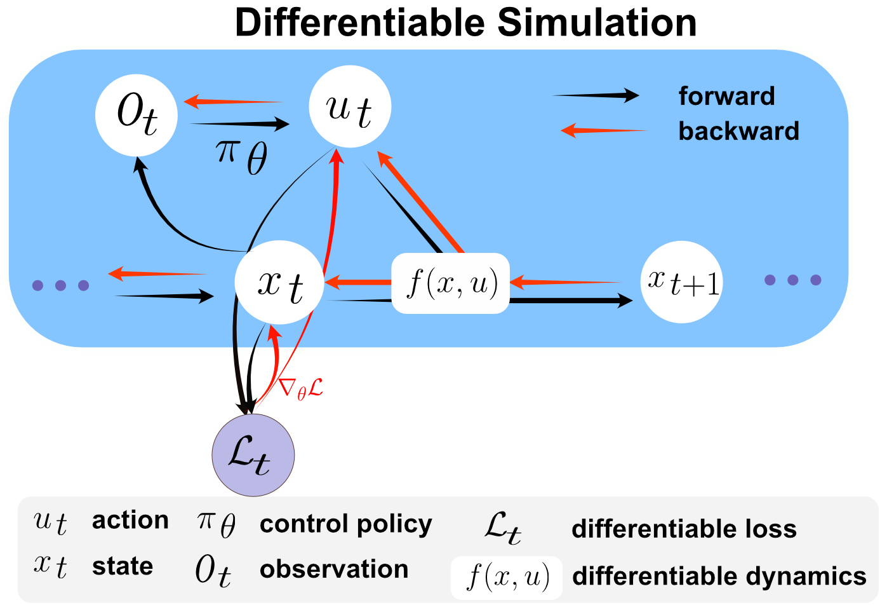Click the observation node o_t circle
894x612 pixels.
[x=137, y=114]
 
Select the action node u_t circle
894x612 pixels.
[x=350, y=107]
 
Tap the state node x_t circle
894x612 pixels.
[x=279, y=283]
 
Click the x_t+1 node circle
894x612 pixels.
[x=682, y=282]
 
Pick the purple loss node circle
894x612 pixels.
[x=253, y=455]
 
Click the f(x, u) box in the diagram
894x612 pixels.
[x=450, y=283]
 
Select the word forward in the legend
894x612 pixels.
[x=726, y=97]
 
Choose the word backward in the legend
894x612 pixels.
[x=738, y=131]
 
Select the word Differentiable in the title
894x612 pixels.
[x=361, y=23]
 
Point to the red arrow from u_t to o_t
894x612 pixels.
[x=232, y=101]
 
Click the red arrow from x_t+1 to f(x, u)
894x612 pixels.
[x=565, y=282]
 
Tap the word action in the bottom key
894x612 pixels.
[x=130, y=520]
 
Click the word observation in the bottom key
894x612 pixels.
[x=334, y=569]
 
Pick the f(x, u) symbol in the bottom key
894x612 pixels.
[x=507, y=578]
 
